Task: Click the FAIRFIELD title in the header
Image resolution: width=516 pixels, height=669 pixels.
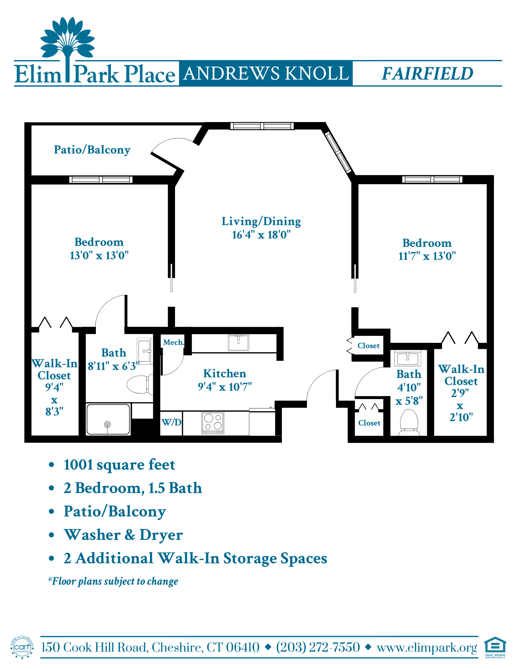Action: [x=427, y=74]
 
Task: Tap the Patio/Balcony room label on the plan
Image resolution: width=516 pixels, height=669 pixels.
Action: [x=92, y=150]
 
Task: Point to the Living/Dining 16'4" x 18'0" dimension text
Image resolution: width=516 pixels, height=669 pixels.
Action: [x=261, y=234]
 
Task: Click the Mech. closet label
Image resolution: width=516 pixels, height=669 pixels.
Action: [x=173, y=342]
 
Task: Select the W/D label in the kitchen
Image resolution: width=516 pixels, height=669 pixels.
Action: [x=171, y=422]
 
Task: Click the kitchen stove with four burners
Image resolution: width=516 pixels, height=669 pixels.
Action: [x=213, y=422]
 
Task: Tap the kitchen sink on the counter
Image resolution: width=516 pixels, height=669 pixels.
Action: [x=238, y=343]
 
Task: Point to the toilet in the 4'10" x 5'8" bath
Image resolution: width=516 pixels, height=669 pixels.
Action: [x=409, y=422]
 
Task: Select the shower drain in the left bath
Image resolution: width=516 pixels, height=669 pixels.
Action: [x=107, y=424]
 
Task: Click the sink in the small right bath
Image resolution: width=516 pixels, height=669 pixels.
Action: [x=408, y=358]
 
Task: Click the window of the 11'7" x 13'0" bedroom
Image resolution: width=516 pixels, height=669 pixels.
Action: [x=432, y=180]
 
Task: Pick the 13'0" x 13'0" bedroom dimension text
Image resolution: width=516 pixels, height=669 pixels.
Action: [x=99, y=256]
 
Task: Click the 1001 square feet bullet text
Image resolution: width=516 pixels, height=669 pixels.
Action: [x=119, y=465]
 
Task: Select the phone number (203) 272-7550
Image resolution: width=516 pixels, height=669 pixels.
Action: [x=318, y=647]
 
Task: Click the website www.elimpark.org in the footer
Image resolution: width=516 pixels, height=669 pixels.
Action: [x=427, y=648]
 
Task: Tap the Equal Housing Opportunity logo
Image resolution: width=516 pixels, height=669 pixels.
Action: [x=495, y=648]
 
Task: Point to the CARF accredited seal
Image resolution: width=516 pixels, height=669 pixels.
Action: [x=22, y=647]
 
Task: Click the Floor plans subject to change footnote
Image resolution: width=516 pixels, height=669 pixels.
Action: [x=113, y=581]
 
